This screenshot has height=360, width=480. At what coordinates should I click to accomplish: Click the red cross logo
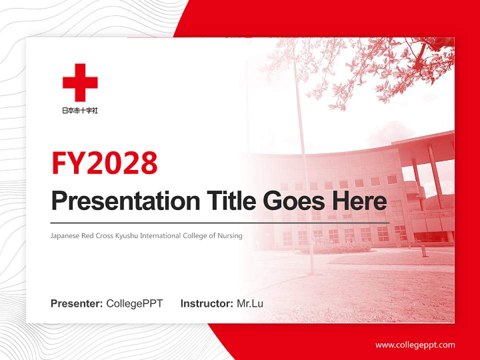tap(80, 82)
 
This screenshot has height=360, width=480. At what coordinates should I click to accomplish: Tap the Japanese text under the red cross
tap(80, 110)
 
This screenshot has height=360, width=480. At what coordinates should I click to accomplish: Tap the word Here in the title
tap(359, 201)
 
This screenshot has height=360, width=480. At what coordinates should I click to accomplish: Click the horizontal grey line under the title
tap(220, 222)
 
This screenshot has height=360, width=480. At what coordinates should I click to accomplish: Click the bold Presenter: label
tap(77, 303)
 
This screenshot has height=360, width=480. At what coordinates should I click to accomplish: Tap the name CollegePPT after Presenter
tap(134, 303)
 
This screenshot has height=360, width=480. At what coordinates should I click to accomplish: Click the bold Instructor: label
tap(206, 303)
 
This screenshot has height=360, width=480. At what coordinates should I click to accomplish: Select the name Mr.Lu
tap(250, 303)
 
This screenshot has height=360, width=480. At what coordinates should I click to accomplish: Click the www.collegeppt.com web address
tap(415, 344)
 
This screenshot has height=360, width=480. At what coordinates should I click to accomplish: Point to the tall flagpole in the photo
tap(303, 165)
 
